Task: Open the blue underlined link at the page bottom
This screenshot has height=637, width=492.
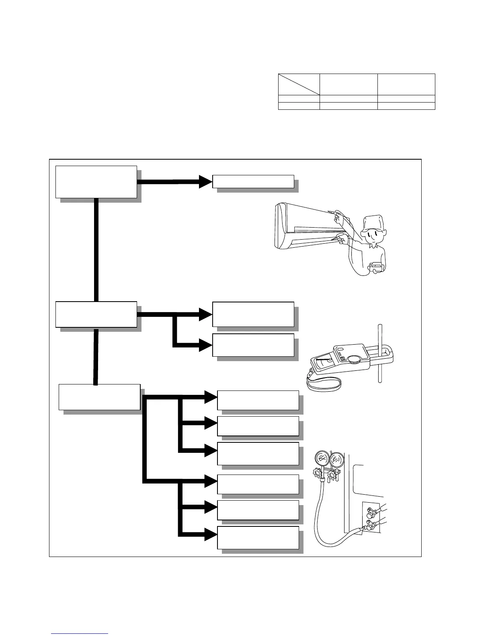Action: [80, 633]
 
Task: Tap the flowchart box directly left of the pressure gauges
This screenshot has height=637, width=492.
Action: [258, 453]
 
